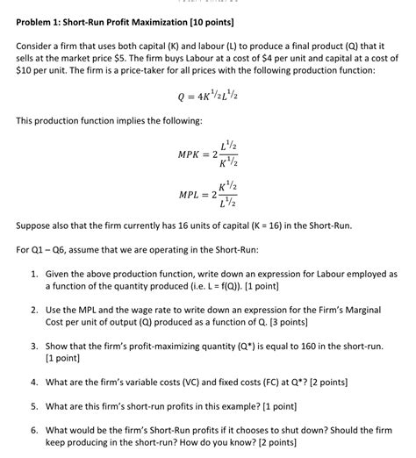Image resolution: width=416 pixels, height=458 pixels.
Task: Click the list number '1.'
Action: click(32, 274)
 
